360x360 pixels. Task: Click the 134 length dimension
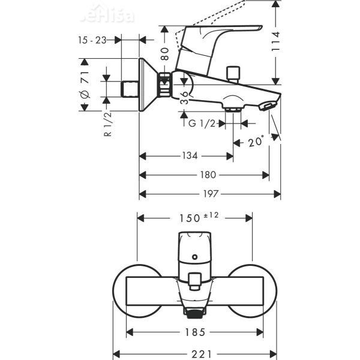(x=190, y=156)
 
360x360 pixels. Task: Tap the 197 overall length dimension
(x=210, y=194)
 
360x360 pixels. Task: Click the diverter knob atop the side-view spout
(x=232, y=74)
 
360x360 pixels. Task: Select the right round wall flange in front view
(x=252, y=284)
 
